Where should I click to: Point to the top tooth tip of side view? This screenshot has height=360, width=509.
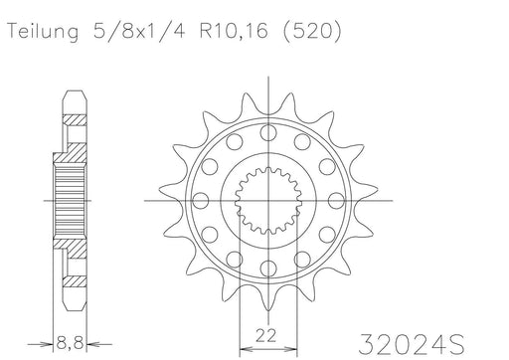click(72, 93)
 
